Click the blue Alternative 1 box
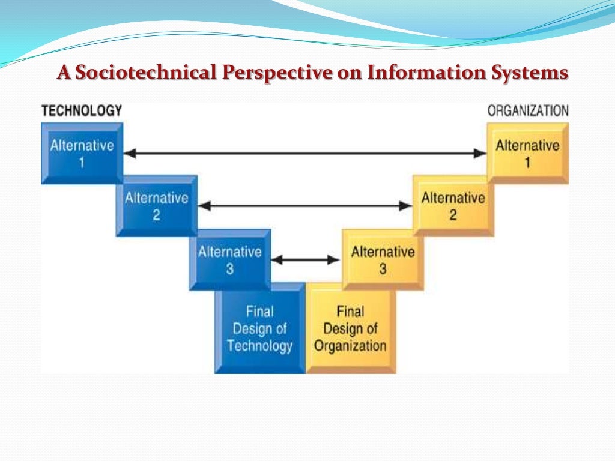point(82,153)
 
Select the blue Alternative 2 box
point(156,206)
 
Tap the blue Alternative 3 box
point(230,260)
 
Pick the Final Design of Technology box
point(260,328)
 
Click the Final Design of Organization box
point(350,328)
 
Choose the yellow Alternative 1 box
point(527,153)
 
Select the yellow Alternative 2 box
point(453,206)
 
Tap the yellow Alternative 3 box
point(383,260)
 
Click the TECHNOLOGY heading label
point(81,111)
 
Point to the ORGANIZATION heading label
point(528,111)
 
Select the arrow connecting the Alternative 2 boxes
point(305,206)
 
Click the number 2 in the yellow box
point(453,215)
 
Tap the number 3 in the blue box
point(230,269)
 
